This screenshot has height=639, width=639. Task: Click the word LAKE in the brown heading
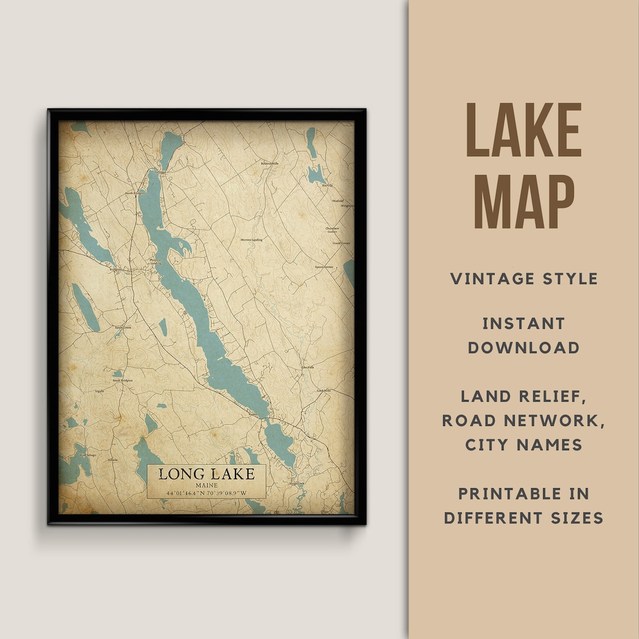point(524,131)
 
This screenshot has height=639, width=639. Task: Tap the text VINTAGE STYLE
point(524,279)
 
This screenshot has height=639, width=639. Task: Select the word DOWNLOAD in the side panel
point(524,347)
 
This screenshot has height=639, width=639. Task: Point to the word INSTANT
point(524,323)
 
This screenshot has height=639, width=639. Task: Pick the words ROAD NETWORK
point(524,420)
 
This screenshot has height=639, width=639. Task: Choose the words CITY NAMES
point(524,444)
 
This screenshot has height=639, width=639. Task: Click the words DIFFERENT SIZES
point(524,518)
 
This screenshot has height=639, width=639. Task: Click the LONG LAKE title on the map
point(206,473)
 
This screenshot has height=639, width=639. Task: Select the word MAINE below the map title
point(206,485)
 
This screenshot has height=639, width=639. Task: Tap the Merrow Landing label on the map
point(251,240)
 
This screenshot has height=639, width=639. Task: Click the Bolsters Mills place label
point(270,163)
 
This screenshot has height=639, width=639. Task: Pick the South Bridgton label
point(123,380)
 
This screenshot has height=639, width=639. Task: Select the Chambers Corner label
point(333,230)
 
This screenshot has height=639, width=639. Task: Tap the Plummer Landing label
point(156,262)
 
